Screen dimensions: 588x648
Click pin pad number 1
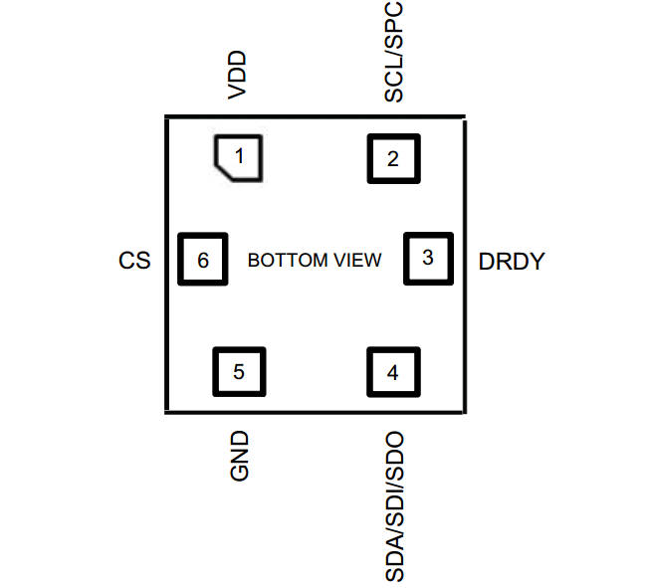coord(239,157)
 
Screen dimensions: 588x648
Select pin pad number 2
coord(393,158)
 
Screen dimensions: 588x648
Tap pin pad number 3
coord(428,258)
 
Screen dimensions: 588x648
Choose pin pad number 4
coord(393,373)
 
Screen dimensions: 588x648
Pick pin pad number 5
coord(239,372)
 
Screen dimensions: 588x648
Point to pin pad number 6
coord(203,261)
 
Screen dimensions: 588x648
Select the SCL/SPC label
coord(394,51)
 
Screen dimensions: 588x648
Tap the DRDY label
coord(512,262)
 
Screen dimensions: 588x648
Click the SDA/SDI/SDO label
coord(394,506)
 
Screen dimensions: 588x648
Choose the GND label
coord(239,457)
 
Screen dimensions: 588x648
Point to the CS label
coord(134,262)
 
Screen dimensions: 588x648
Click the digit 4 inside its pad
coord(393,373)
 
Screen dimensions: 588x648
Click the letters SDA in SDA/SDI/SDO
coord(394,559)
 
